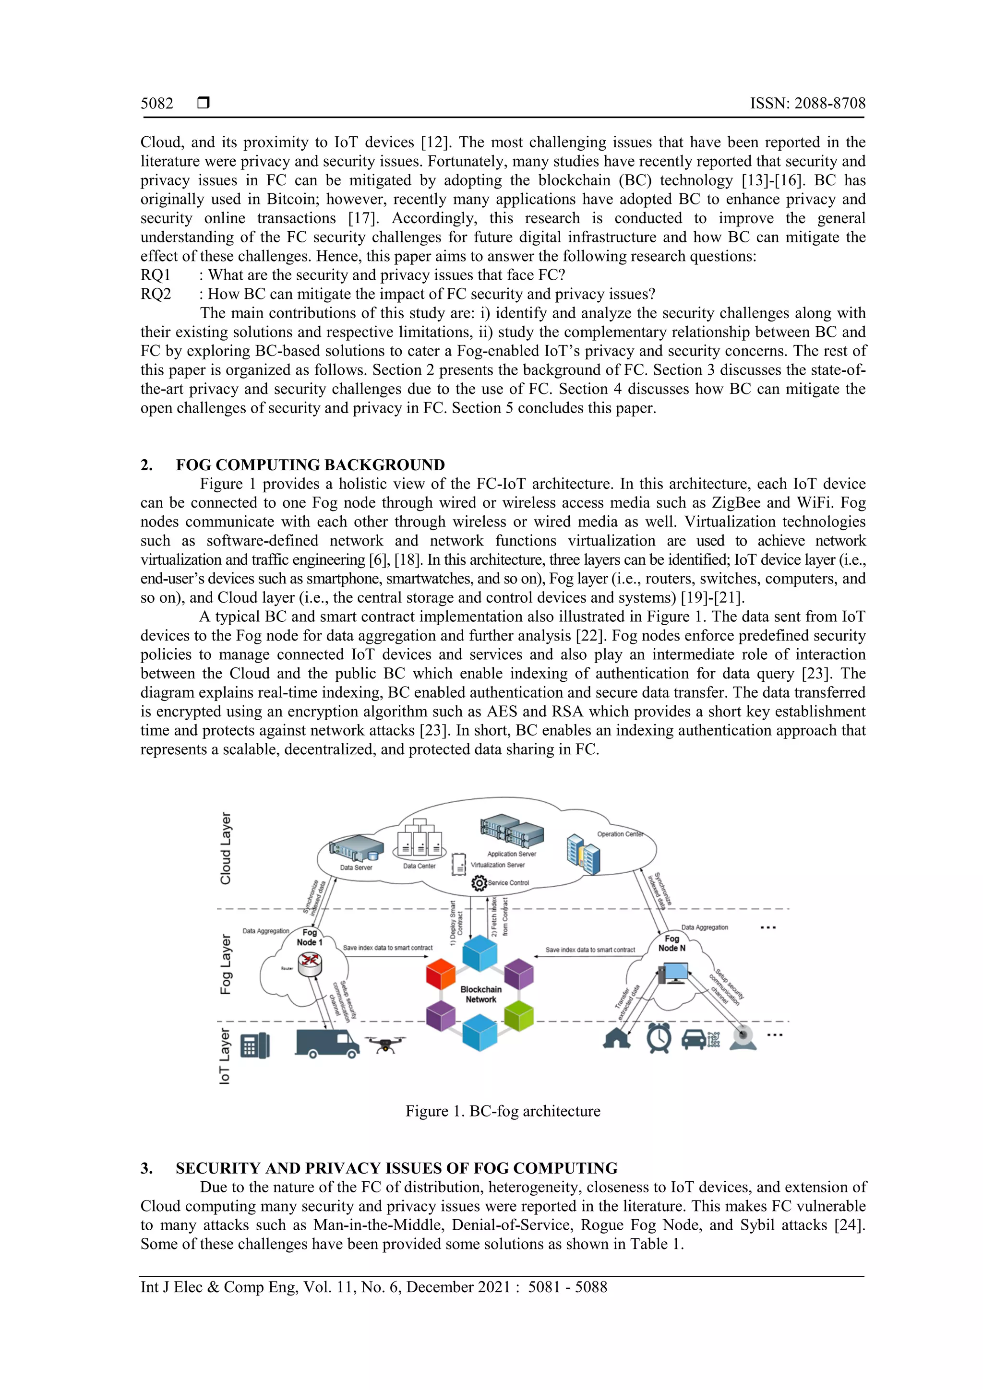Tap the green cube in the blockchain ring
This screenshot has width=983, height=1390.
(x=518, y=1015)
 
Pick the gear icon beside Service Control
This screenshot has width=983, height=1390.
(x=479, y=883)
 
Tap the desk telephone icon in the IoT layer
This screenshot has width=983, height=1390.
(x=254, y=1045)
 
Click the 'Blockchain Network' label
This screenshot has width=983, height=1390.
(x=481, y=994)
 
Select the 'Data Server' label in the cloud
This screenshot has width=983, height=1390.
(x=356, y=867)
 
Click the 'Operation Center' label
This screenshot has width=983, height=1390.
(x=620, y=834)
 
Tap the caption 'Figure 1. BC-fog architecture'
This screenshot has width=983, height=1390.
(x=503, y=1111)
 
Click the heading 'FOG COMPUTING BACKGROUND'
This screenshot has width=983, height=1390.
(x=310, y=465)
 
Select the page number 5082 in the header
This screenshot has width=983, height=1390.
(x=157, y=104)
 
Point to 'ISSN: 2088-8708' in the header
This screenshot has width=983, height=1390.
(x=807, y=104)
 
